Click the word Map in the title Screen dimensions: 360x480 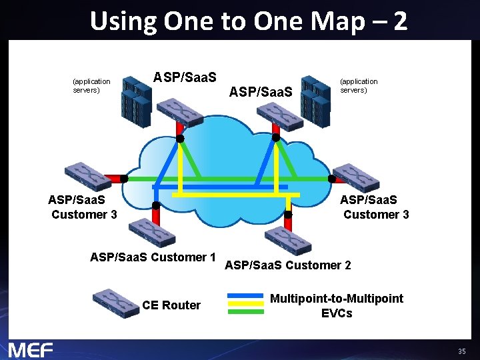coord(331,21)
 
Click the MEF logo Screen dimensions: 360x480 coord(31,349)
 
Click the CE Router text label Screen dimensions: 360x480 coord(171,305)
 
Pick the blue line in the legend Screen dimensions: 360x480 coord(245,295)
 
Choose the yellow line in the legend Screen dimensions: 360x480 coord(245,303)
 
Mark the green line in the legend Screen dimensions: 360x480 coord(245,310)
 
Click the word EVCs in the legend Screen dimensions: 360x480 coord(336,313)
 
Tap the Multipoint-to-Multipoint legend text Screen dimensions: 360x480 coord(336,299)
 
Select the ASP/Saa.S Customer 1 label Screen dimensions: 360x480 coord(153,257)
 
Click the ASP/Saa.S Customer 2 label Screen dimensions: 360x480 coord(288,265)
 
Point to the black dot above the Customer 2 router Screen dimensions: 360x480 coord(288,215)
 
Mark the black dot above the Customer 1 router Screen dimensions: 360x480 coord(156,205)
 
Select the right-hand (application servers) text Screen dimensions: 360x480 coord(359,85)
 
